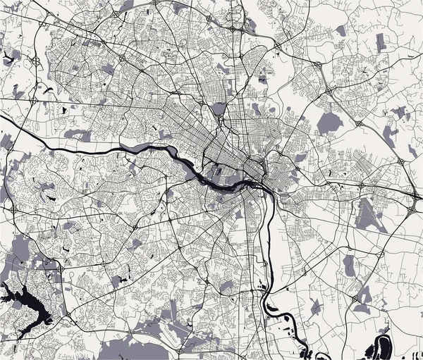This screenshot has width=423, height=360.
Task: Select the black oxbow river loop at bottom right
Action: pyautogui.click(x=384, y=345)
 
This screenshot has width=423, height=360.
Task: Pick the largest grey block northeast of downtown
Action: pyautogui.click(x=329, y=123)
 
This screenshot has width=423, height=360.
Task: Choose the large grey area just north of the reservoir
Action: pyautogui.click(x=21, y=250)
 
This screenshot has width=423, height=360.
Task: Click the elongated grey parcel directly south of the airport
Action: pyautogui.click(x=350, y=265)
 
